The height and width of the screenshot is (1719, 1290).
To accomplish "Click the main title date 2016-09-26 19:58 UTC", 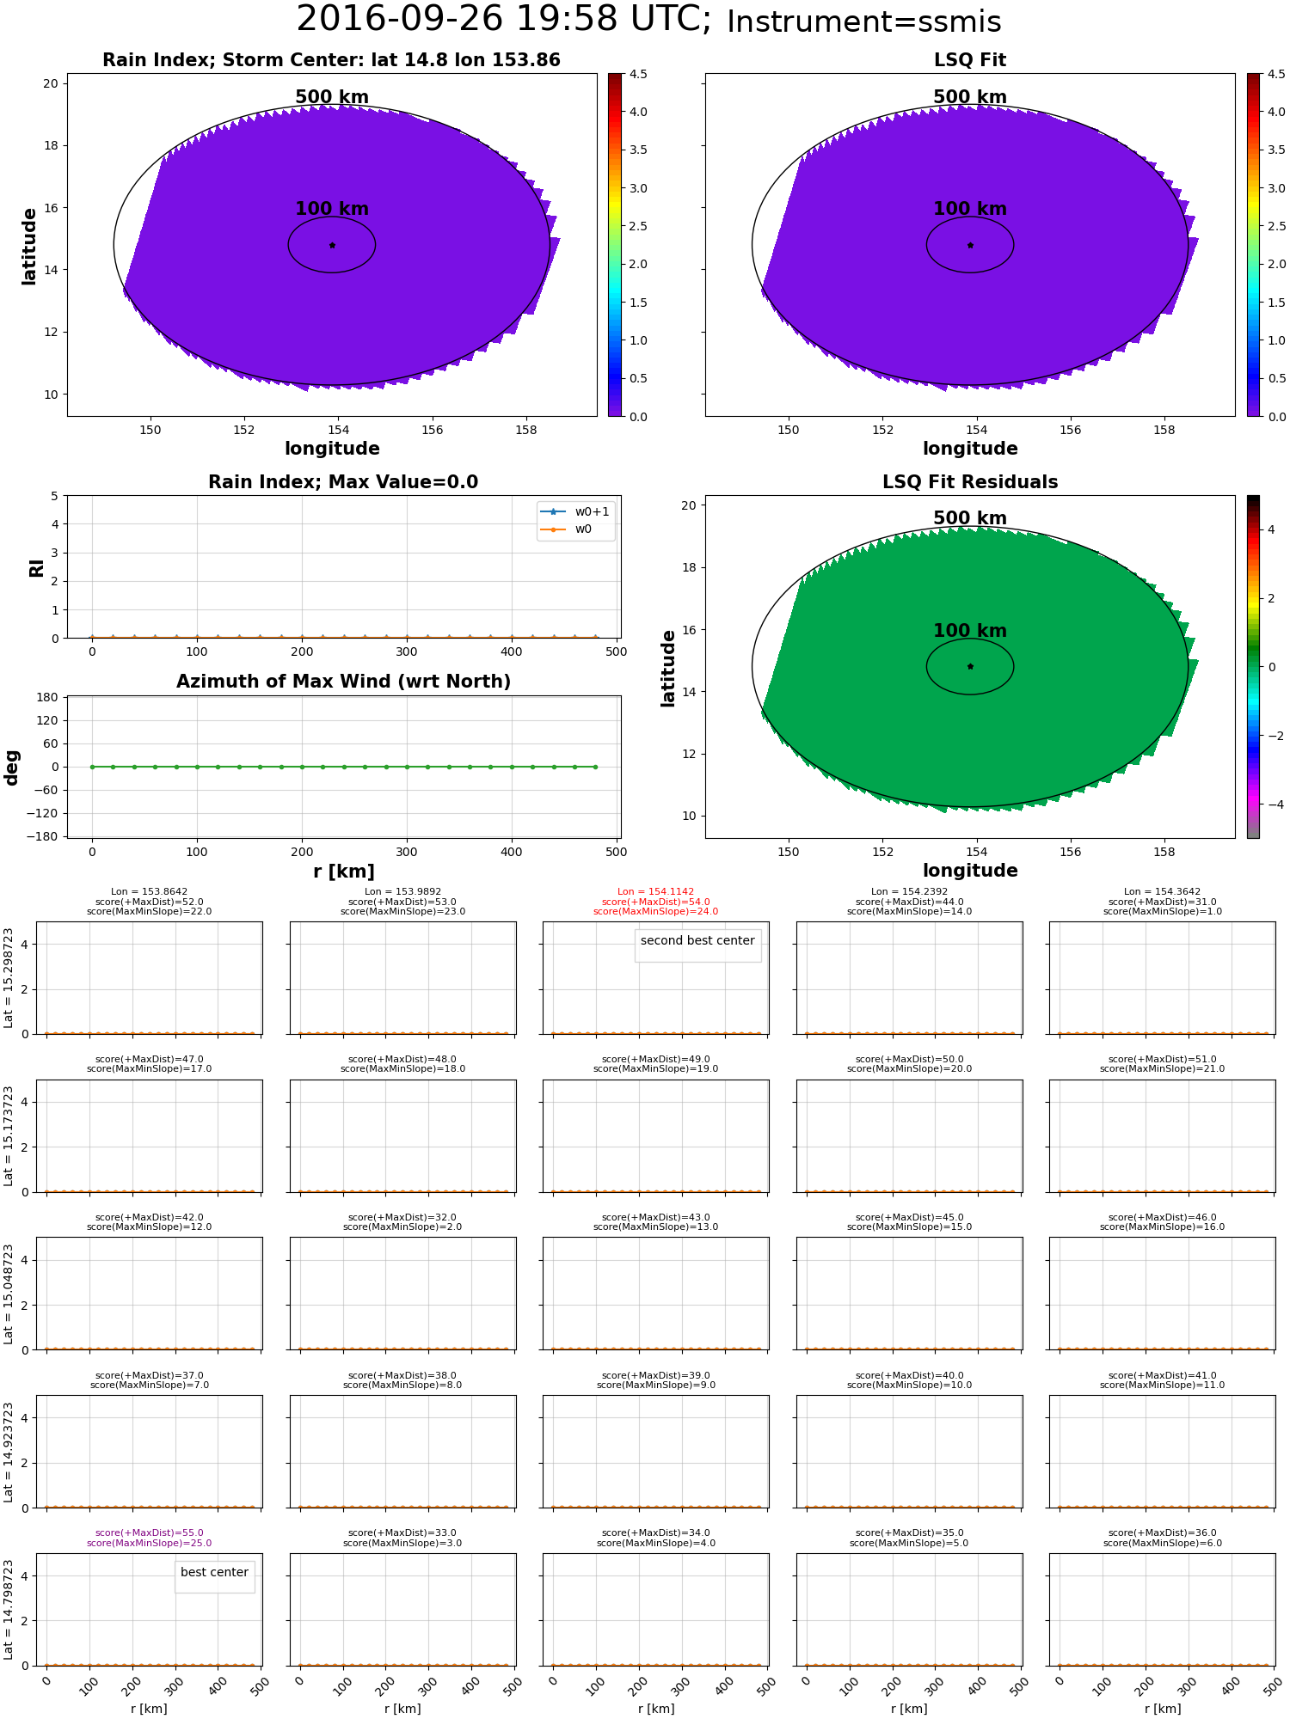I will click(x=503, y=20).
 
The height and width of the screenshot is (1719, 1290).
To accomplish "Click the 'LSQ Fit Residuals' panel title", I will click(x=969, y=482).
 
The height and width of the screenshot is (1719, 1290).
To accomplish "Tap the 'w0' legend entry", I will click(x=583, y=529).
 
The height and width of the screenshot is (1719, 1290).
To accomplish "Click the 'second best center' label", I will click(x=697, y=941).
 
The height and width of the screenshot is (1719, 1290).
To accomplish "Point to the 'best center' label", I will click(x=214, y=1572).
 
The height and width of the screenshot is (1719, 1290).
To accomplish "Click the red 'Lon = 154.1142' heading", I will click(x=655, y=892).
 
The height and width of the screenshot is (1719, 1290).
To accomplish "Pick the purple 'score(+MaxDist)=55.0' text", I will click(x=149, y=1533).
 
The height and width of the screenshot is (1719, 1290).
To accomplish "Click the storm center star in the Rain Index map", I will click(x=332, y=245).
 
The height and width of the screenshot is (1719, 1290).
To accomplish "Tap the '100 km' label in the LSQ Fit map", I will click(x=969, y=209).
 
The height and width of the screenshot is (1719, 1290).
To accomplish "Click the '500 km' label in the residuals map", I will click(x=969, y=518).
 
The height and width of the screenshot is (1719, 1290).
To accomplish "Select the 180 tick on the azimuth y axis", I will click(x=47, y=697).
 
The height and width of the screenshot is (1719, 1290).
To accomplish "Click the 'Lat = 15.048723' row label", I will click(x=9, y=1294).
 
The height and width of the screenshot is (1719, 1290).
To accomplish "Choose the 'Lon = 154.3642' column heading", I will click(x=1162, y=892).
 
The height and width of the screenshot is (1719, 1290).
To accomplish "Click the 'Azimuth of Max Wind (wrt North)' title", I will click(x=343, y=682).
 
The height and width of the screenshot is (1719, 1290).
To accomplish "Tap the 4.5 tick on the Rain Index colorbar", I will click(x=638, y=75).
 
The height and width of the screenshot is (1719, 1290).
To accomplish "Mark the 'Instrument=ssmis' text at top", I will click(x=863, y=22).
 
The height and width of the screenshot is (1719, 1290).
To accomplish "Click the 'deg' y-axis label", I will click(x=12, y=767).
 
